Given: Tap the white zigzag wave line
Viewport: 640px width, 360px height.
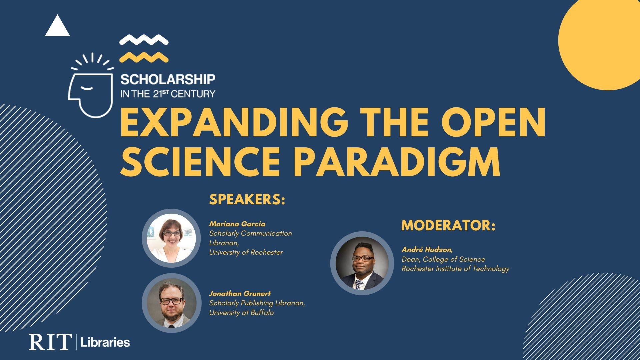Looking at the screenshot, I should (x=144, y=40).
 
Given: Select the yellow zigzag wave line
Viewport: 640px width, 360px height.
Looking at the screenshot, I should (x=144, y=57).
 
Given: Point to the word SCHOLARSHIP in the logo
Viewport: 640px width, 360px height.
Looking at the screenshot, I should (x=168, y=79).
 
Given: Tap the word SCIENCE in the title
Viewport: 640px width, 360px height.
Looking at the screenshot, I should (x=200, y=161).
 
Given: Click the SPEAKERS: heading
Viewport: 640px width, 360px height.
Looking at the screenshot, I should (x=247, y=199).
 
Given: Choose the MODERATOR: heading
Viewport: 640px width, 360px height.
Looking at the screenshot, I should (x=448, y=225).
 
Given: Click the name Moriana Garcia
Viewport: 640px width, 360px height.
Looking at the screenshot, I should (x=237, y=224).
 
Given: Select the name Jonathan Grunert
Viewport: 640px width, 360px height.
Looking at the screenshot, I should (x=240, y=294).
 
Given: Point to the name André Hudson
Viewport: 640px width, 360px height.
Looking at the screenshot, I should (x=427, y=249).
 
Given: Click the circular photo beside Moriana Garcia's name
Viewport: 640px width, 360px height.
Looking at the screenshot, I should (x=171, y=238).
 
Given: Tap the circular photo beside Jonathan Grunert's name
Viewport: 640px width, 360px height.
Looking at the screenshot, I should (x=171, y=303).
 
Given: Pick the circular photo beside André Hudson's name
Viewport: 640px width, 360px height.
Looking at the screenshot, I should (x=362, y=263).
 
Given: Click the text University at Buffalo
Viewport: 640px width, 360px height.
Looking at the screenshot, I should (x=241, y=313).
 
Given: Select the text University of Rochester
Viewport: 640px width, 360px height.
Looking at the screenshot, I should (x=246, y=252).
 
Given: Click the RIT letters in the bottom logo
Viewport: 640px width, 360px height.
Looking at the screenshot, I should (x=50, y=342).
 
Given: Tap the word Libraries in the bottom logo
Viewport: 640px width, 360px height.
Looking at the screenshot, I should (x=105, y=342).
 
